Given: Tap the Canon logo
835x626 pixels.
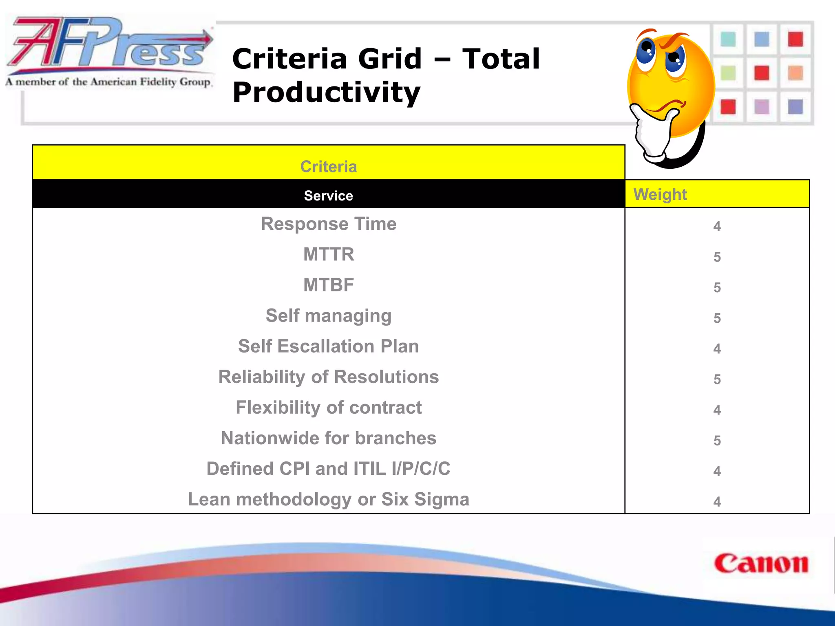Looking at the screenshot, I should coord(761,564).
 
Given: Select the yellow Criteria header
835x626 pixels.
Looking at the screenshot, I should coord(329,166).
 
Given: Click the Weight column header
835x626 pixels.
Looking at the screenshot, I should coord(660,194).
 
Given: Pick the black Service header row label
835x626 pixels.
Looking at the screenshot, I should coord(329,196).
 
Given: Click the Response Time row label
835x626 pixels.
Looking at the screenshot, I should coord(329,224).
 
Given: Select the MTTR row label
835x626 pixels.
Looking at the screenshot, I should coord(329,254).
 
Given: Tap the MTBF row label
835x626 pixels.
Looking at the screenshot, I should coord(329,285).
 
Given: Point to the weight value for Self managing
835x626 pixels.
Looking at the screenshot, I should coord(717,318).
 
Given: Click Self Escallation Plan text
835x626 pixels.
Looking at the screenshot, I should coord(329,346).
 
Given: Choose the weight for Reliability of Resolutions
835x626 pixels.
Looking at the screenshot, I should coord(717,379).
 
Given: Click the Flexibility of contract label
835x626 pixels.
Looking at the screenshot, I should coord(329,408).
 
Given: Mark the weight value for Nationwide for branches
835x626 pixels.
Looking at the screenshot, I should coord(717,441).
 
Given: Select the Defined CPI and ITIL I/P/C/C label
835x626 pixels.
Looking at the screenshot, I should coord(329,469).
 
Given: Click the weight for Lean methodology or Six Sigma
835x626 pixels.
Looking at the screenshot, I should coord(717,502).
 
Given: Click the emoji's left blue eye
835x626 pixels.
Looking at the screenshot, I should coord(645,51).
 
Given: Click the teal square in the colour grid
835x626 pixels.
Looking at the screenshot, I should coord(728,40).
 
